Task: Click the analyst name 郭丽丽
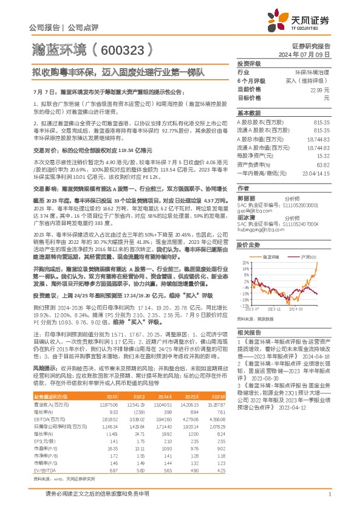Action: (246, 198)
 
